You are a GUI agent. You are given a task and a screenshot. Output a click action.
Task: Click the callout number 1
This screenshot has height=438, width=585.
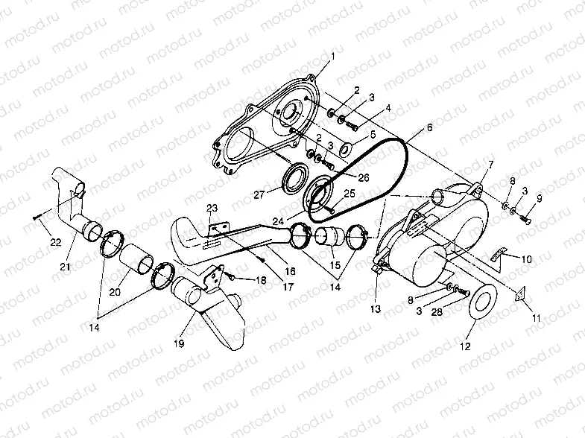click(333, 57)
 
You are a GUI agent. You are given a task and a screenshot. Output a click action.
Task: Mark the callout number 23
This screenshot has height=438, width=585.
click(211, 207)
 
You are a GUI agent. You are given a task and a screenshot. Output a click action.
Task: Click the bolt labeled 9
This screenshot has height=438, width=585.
click(528, 219)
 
